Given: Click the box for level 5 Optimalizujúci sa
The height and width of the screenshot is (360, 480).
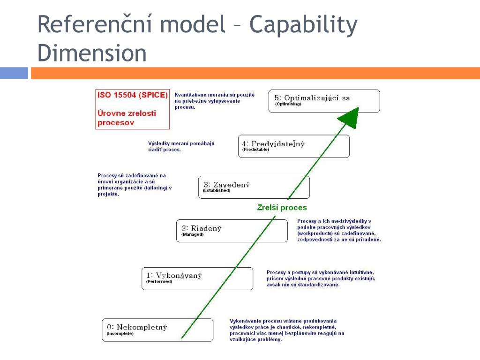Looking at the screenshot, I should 324,101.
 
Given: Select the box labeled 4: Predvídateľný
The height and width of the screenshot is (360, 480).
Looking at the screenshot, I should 294,146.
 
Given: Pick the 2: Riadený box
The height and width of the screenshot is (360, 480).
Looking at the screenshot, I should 232,231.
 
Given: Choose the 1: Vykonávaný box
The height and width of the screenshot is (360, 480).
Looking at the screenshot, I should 197,278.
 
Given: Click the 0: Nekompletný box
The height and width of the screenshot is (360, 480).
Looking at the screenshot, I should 157,330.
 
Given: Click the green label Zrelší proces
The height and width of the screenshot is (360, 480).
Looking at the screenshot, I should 282,208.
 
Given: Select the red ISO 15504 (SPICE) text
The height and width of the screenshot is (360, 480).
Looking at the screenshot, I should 132,95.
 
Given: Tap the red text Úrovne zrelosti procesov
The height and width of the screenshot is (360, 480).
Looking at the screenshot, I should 127,118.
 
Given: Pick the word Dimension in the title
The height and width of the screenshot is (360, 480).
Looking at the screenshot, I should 92,53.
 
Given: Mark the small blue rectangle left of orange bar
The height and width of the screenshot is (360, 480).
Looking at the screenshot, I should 14,73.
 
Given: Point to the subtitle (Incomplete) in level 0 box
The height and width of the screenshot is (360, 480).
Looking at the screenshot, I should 120,334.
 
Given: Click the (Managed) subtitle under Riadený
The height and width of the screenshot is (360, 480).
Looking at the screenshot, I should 193,234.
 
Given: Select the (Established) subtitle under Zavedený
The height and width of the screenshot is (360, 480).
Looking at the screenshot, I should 217,191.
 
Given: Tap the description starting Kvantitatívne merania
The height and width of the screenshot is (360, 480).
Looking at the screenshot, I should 214,101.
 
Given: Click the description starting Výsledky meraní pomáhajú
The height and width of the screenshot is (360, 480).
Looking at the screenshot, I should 181,146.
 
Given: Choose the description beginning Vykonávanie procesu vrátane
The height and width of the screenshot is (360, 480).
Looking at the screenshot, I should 286,330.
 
